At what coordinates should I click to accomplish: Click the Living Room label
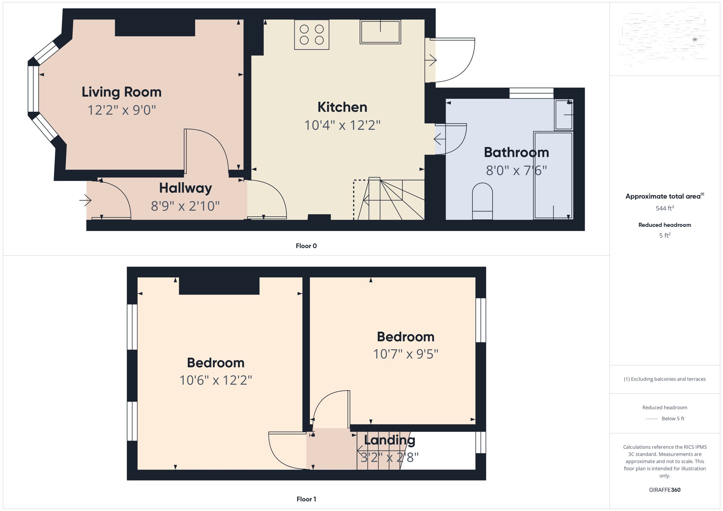(x=121, y=92)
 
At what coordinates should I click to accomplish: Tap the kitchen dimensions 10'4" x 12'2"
(x=342, y=125)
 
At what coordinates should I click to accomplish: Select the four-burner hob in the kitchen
(x=312, y=35)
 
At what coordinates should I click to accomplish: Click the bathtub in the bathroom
(x=553, y=175)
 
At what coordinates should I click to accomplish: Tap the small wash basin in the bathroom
(x=563, y=115)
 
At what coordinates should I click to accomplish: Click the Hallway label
(x=185, y=188)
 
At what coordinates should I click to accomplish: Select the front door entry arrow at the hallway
(x=85, y=201)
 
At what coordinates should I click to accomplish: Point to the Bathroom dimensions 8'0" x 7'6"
(x=516, y=171)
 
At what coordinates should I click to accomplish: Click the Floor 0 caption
(x=306, y=246)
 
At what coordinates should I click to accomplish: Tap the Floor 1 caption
(x=306, y=499)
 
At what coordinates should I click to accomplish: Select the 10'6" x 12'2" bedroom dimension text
(x=216, y=380)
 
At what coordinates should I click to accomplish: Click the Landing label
(x=389, y=440)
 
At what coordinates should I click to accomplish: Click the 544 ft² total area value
(x=664, y=208)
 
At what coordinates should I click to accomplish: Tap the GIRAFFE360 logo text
(x=664, y=490)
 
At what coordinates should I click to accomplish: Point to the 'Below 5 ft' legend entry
(x=673, y=419)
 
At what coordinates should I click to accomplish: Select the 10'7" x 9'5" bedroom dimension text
(x=406, y=354)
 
